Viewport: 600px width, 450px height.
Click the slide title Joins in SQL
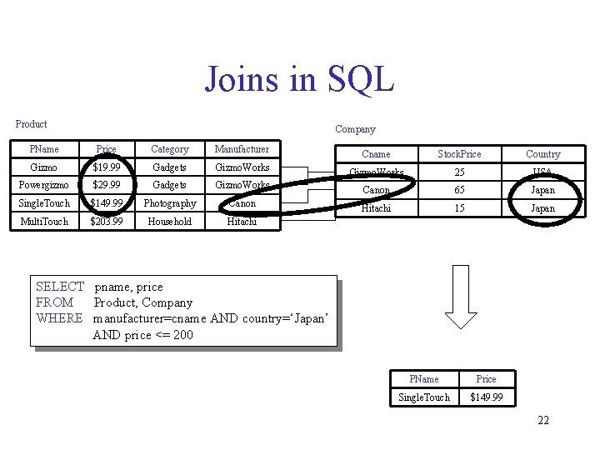[299, 79]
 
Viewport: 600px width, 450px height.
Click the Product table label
[32, 124]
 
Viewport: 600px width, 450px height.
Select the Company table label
[355, 129]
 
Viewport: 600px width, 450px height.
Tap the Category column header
[170, 149]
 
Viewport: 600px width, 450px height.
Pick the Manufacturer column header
[242, 149]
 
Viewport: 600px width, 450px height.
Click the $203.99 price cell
[107, 222]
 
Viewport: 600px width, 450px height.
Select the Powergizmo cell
[43, 185]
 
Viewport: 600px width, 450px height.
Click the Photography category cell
[170, 203]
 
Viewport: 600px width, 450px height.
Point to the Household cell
[170, 222]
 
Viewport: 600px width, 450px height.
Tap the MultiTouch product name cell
[43, 222]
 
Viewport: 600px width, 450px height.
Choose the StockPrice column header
[459, 154]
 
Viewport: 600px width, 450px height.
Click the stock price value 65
[459, 190]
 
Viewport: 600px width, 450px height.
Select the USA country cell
[542, 172]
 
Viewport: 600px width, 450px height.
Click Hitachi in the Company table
[376, 208]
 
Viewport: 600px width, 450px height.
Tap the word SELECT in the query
[60, 287]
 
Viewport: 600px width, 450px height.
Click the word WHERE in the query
[60, 318]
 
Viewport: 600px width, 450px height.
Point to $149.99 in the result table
[486, 397]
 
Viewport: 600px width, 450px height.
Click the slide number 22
[543, 420]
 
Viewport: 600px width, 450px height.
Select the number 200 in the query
[182, 335]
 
